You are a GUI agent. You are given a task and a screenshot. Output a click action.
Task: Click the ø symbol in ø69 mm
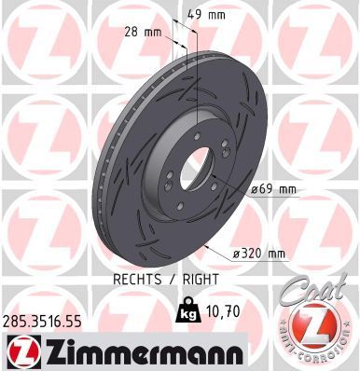pos(255,190)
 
